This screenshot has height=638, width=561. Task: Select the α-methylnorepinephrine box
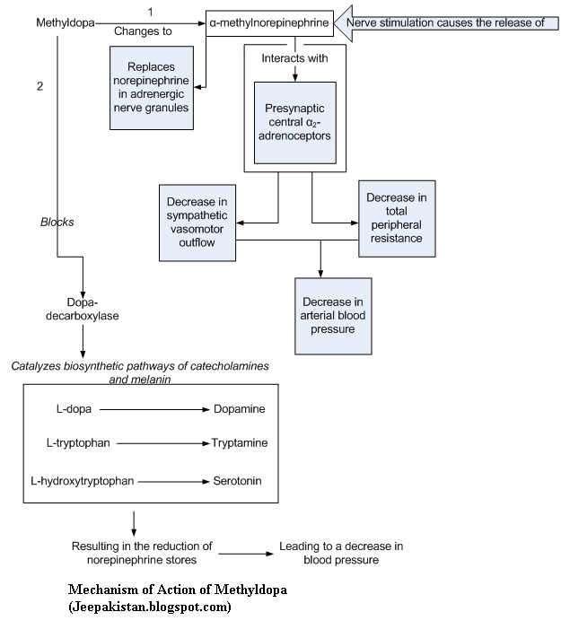point(267,22)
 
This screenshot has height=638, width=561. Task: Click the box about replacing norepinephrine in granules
point(151,87)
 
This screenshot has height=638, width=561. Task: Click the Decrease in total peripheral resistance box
point(396,218)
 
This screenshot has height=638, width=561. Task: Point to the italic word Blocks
point(57,222)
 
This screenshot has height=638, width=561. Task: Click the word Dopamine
point(239,409)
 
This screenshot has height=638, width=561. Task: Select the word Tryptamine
point(239,443)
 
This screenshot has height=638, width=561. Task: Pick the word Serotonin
point(237,481)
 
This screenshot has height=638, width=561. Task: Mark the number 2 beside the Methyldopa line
point(39,86)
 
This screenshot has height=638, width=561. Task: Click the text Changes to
point(142,31)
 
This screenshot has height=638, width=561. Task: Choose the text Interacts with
point(294,58)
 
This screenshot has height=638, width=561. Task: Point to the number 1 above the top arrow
point(150,11)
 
